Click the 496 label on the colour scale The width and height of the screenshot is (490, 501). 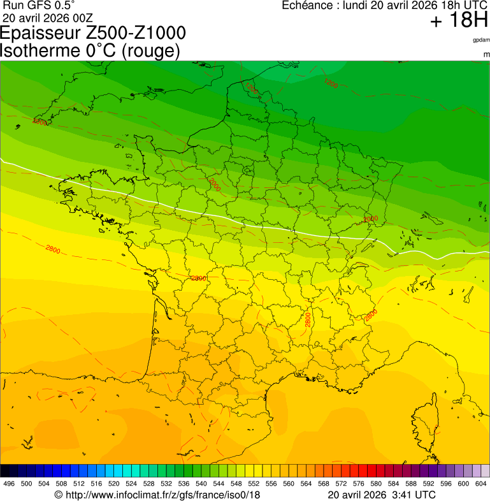tap(9, 484)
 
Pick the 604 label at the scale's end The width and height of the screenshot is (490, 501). tap(480, 484)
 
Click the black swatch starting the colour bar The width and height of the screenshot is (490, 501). tap(5, 471)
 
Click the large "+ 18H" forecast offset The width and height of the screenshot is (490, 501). tap(459, 22)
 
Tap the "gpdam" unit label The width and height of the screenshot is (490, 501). tap(481, 40)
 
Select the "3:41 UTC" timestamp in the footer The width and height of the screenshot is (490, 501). tap(414, 495)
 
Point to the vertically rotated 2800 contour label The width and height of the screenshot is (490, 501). tap(308, 319)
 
